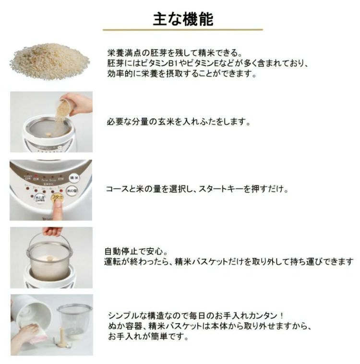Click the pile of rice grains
pos(50,61)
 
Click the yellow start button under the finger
pos(58,197)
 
